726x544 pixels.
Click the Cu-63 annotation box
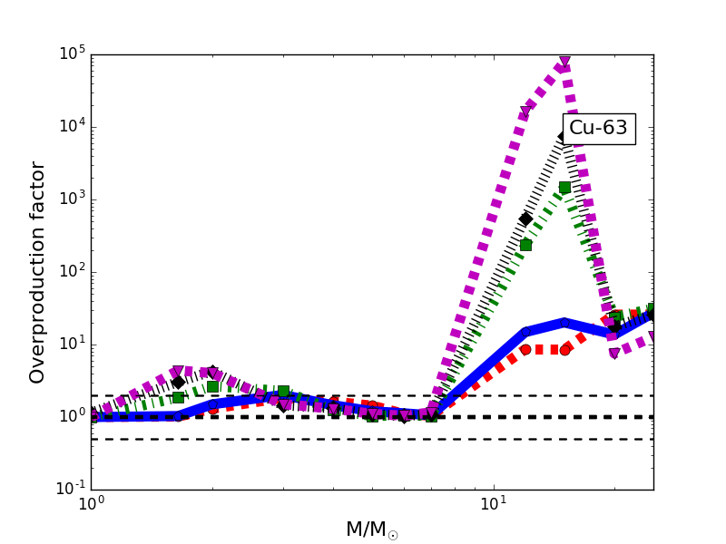(598, 129)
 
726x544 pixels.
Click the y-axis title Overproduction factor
(37, 272)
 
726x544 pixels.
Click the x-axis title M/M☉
(372, 529)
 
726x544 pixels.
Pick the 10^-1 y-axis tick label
(66, 490)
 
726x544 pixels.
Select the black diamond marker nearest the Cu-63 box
(564, 137)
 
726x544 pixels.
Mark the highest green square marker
(564, 188)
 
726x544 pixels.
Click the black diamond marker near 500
(525, 219)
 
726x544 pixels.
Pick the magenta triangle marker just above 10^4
(525, 112)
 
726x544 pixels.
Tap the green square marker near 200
(525, 245)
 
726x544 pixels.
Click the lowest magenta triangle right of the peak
(614, 354)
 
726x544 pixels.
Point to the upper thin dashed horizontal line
(272, 395)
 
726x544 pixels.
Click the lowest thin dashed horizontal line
(272, 439)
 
